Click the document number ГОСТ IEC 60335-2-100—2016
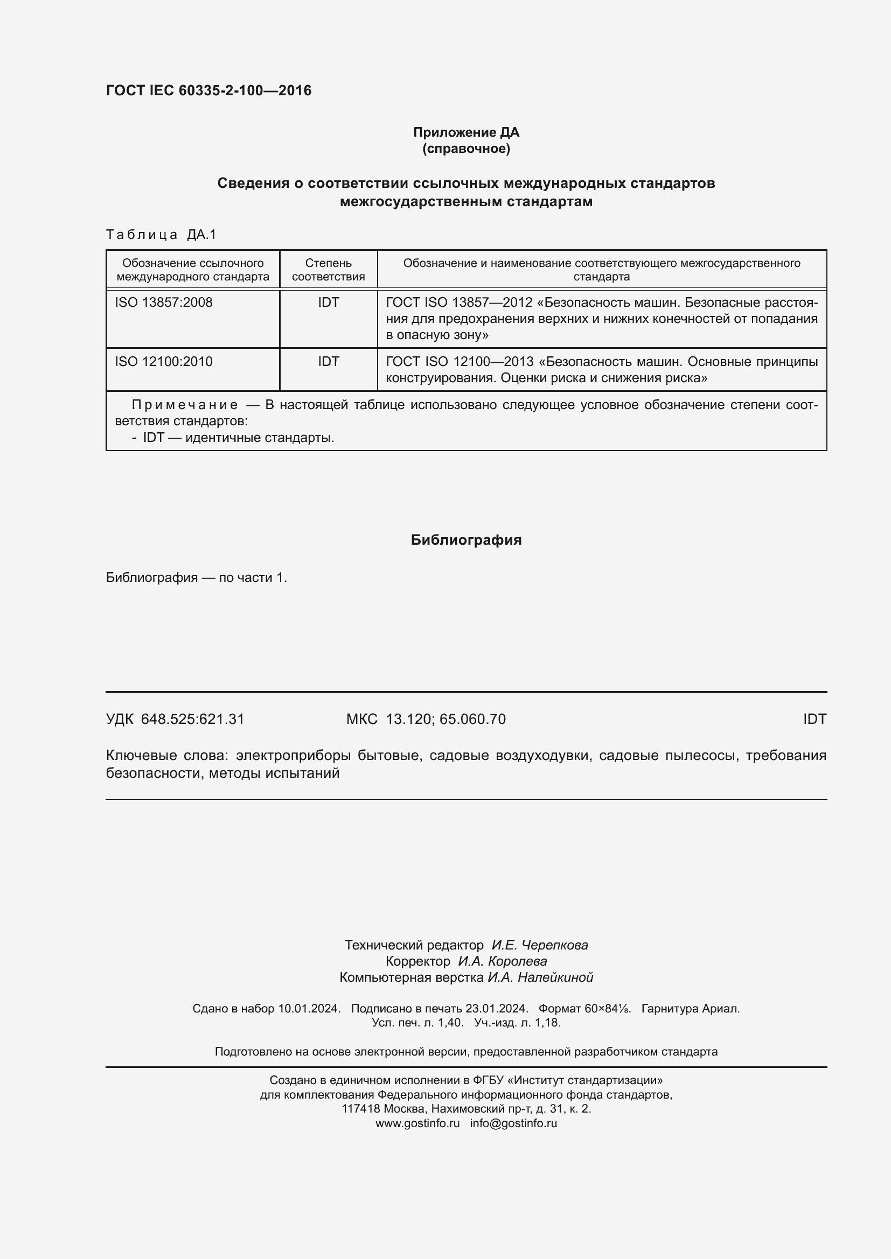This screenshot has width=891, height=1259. [208, 90]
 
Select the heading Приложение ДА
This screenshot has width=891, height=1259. [466, 132]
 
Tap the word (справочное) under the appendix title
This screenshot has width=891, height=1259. [466, 149]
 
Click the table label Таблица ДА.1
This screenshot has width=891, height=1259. [161, 235]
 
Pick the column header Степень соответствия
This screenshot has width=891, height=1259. [328, 270]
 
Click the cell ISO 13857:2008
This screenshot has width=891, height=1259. [164, 303]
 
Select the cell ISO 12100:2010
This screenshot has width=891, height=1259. [164, 361]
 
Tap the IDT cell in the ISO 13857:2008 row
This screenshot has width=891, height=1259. [328, 303]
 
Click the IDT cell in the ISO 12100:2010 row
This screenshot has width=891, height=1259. [328, 361]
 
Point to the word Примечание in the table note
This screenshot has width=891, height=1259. [185, 405]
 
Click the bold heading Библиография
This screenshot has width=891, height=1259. [466, 540]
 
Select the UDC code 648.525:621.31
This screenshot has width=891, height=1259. [192, 719]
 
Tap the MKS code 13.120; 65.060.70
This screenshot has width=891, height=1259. [445, 719]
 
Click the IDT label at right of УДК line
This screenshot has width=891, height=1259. [814, 719]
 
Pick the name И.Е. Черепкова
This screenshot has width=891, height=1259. [539, 945]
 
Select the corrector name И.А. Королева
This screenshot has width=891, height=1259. [502, 961]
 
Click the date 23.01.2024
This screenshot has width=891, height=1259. [497, 1008]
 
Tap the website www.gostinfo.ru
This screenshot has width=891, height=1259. [417, 1123]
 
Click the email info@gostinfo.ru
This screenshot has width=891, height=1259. [513, 1123]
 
